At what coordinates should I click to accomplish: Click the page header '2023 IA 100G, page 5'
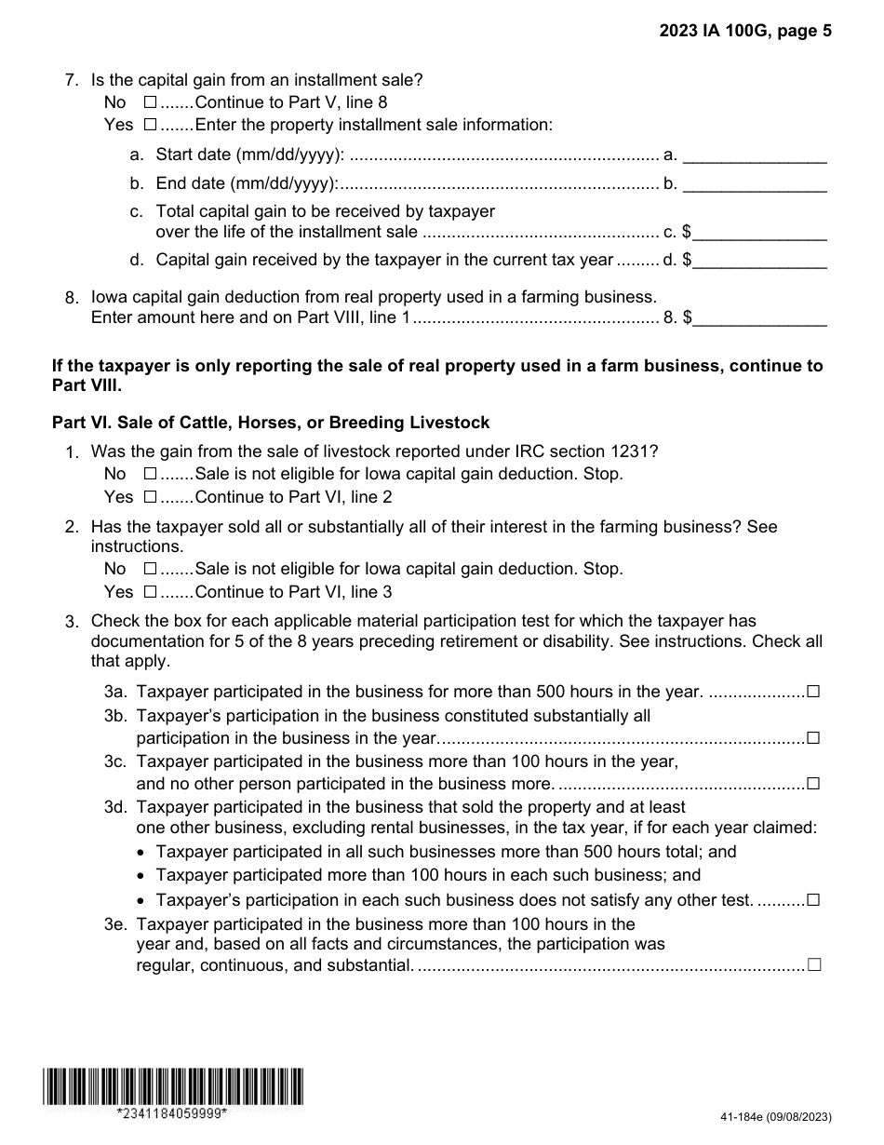pyautogui.click(x=745, y=31)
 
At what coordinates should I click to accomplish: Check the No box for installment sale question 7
pyautogui.click(x=151, y=102)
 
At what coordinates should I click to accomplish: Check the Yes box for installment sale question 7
pyautogui.click(x=151, y=125)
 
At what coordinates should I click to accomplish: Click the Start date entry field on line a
pyautogui.click(x=755, y=155)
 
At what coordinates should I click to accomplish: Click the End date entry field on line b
pyautogui.click(x=755, y=183)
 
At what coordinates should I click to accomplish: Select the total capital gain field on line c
pyautogui.click(x=759, y=232)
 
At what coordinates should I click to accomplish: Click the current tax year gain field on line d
pyautogui.click(x=759, y=260)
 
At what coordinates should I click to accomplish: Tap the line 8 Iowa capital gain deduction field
pyautogui.click(x=759, y=318)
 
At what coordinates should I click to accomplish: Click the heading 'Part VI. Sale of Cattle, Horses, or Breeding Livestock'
pyautogui.click(x=271, y=423)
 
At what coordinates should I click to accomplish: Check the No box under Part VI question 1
pyautogui.click(x=151, y=474)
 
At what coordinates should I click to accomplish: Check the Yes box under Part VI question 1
pyautogui.click(x=151, y=497)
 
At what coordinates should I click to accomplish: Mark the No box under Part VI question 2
pyautogui.click(x=151, y=569)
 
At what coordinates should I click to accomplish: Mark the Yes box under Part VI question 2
pyautogui.click(x=151, y=592)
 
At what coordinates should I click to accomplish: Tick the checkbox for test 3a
pyautogui.click(x=813, y=692)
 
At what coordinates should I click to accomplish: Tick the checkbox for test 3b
pyautogui.click(x=813, y=738)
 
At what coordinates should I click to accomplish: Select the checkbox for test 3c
pyautogui.click(x=813, y=784)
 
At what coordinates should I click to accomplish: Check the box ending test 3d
pyautogui.click(x=813, y=900)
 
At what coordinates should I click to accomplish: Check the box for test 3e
pyautogui.click(x=814, y=965)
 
